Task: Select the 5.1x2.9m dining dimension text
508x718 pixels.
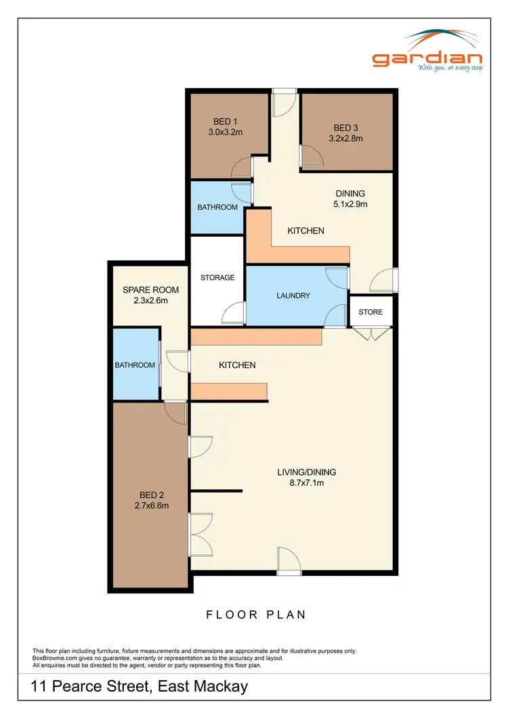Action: pyautogui.click(x=350, y=204)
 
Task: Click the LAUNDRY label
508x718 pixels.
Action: pyautogui.click(x=293, y=296)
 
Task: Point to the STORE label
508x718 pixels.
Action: pyautogui.click(x=371, y=312)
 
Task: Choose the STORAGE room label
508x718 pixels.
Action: pyautogui.click(x=217, y=277)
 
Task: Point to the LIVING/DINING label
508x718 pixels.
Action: pyautogui.click(x=307, y=472)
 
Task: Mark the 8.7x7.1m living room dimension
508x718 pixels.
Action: pyautogui.click(x=307, y=483)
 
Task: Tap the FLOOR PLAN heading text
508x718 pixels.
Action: pyautogui.click(x=256, y=614)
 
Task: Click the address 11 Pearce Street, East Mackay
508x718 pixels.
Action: pyautogui.click(x=140, y=688)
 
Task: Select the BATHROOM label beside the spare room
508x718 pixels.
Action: pyautogui.click(x=135, y=365)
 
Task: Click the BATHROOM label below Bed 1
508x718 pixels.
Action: pyautogui.click(x=217, y=207)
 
